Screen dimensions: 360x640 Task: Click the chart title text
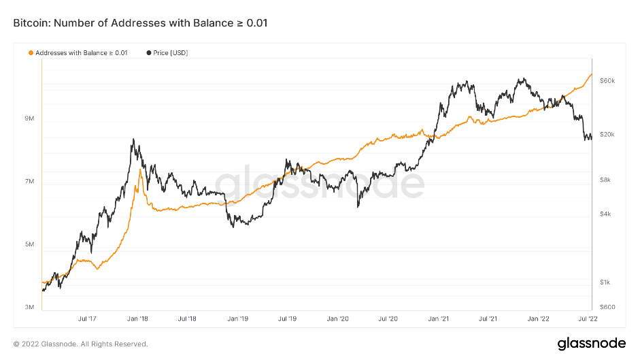(x=140, y=23)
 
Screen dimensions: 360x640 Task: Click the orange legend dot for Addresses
(x=31, y=52)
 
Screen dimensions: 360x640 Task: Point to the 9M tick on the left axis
(x=29, y=119)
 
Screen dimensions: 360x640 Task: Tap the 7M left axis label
(x=29, y=182)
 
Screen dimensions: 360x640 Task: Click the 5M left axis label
(x=29, y=244)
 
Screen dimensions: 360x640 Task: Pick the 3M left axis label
(x=29, y=307)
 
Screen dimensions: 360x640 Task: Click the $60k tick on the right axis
(x=607, y=80)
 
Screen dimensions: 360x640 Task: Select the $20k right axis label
(x=607, y=135)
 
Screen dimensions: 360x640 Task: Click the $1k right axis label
(x=606, y=282)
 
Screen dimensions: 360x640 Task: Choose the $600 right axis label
(x=607, y=307)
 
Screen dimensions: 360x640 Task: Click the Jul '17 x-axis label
(x=87, y=318)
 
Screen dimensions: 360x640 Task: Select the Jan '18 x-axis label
(x=138, y=318)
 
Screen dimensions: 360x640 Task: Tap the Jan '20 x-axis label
(x=338, y=318)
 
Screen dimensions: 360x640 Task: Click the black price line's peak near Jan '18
(x=133, y=140)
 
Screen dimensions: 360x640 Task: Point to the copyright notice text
(x=80, y=344)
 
